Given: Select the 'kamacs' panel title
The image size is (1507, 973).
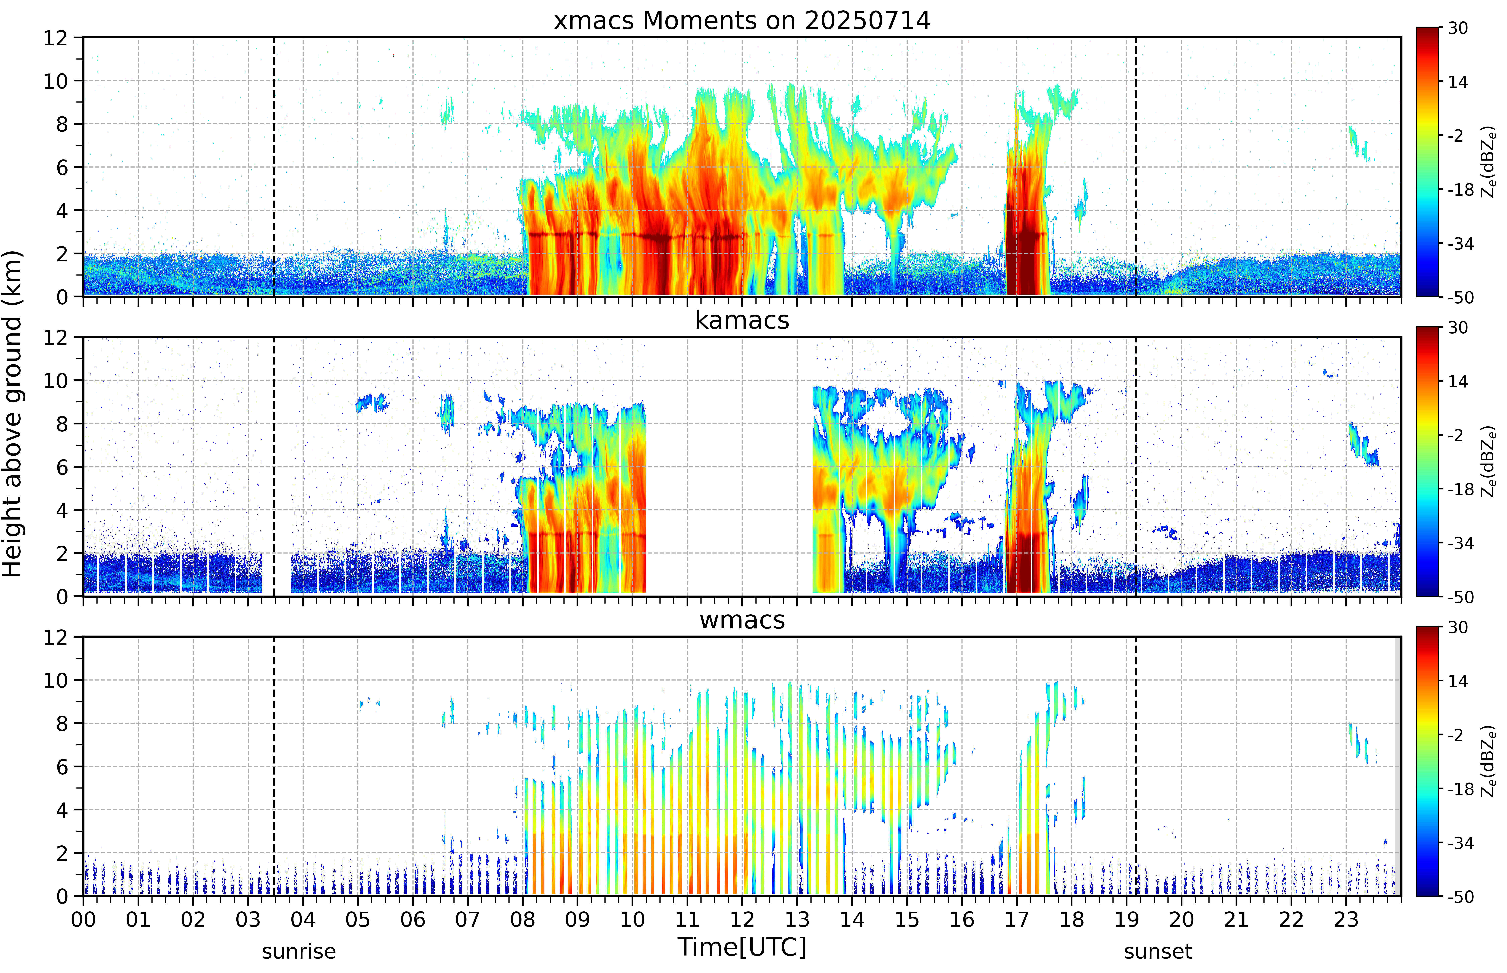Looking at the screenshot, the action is (x=742, y=320).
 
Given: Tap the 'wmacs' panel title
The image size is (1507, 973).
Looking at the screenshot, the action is (x=742, y=620).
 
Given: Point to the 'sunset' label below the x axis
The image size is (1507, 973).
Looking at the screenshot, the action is (x=1158, y=951).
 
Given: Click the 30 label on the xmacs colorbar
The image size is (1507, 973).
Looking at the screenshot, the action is (x=1458, y=28).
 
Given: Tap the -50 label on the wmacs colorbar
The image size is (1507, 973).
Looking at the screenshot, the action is (x=1460, y=896).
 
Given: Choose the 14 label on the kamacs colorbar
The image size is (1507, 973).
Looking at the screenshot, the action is (x=1458, y=381).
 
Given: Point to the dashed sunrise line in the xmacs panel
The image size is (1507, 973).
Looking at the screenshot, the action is (x=273, y=167).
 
